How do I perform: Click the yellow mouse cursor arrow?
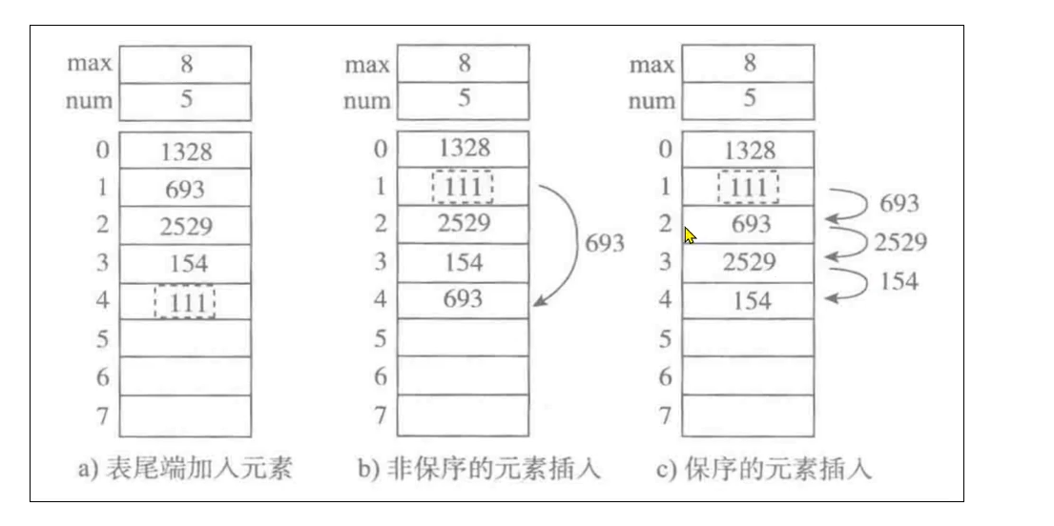pos(690,233)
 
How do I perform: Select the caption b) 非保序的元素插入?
pos(480,471)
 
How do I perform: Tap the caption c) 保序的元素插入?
pos(764,471)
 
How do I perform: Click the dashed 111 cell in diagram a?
pos(184,302)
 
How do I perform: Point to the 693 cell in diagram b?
pos(464,298)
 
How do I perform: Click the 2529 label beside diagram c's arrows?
pos(899,242)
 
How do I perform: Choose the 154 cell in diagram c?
pos(749,301)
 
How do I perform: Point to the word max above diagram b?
pos(366,65)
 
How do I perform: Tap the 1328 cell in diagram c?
pos(749,150)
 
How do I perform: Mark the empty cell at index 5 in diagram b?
pos(464,338)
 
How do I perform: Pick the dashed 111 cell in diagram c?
pos(749,187)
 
